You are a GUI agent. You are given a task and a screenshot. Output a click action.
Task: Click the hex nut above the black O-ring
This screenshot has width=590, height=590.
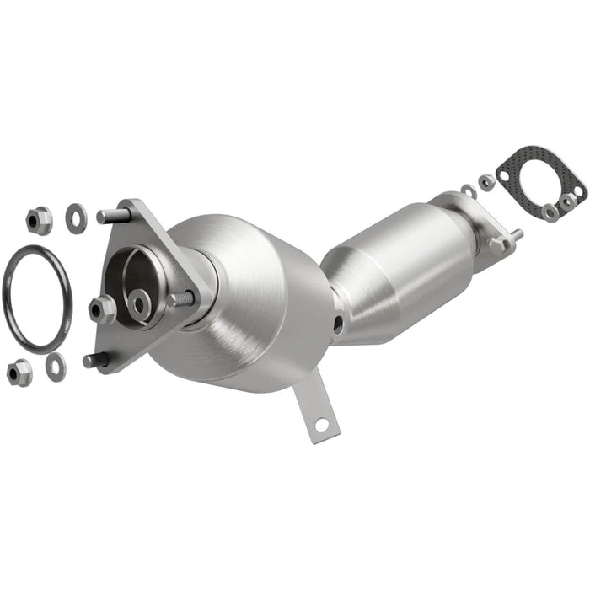(39, 220)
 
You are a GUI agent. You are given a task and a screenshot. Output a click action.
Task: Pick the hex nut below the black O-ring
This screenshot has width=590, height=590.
(19, 372)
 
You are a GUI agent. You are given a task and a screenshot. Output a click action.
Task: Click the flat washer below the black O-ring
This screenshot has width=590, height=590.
(56, 365)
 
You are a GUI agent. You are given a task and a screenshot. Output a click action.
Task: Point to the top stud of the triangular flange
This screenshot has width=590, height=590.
(111, 216)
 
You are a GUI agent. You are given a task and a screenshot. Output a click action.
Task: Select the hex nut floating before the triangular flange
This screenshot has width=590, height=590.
(103, 308)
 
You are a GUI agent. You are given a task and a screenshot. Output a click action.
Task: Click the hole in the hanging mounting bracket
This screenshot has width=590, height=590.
(319, 425)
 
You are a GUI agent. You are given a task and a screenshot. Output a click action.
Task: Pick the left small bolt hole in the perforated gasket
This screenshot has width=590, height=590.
(503, 177)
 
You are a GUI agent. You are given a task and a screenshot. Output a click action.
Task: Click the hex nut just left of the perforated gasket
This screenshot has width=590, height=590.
(486, 181)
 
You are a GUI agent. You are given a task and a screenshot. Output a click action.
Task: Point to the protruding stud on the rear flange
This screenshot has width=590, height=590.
(514, 236)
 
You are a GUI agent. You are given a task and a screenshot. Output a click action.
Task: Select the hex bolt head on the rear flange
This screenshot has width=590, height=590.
(498, 244)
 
